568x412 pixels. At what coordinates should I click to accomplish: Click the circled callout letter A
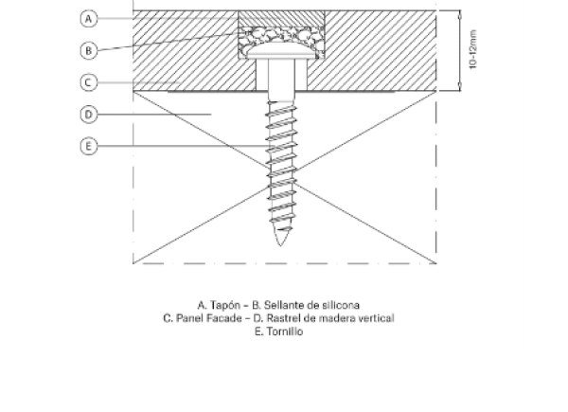tap(89, 19)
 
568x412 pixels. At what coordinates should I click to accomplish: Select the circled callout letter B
tap(89, 50)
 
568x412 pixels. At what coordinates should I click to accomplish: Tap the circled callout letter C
tap(89, 82)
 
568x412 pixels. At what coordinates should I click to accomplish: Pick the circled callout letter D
tap(89, 115)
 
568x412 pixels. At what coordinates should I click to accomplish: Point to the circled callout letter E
tap(89, 147)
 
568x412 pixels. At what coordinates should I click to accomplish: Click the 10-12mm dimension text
tap(473, 49)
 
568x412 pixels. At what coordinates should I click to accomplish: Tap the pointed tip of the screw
tap(280, 246)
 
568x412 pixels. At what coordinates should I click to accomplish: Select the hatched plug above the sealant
tap(281, 19)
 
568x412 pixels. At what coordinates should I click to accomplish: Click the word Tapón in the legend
tap(225, 306)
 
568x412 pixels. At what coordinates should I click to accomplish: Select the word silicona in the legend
tap(341, 305)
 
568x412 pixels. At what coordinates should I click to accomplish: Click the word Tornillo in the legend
tap(285, 331)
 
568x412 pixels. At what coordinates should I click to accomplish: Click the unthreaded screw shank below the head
tap(281, 80)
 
